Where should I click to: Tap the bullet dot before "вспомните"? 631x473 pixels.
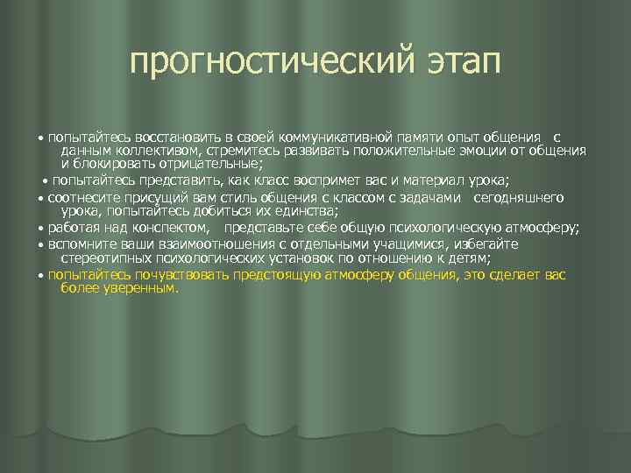tap(42, 245)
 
